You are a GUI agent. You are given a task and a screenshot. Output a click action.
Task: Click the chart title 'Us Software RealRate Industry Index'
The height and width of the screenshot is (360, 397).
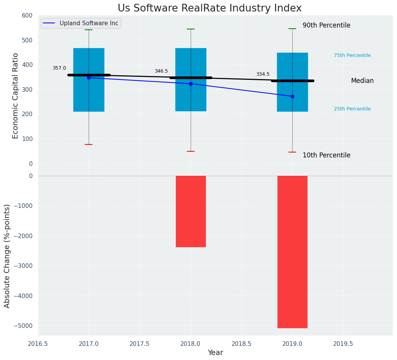tap(209, 8)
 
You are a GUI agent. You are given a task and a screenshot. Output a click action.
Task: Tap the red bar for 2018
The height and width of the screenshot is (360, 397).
tap(191, 211)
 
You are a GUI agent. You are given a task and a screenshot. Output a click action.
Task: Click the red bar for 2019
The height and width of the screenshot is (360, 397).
tap(292, 251)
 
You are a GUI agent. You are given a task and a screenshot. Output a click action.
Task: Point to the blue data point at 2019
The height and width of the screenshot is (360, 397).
tap(292, 96)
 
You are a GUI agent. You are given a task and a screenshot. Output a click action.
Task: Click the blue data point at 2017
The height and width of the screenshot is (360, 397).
tap(89, 78)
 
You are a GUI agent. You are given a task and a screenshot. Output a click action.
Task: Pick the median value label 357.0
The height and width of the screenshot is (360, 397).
tap(59, 68)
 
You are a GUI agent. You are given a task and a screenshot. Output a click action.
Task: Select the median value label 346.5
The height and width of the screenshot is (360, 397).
tap(161, 71)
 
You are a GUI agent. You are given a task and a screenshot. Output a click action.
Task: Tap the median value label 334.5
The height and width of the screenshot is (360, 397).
tap(263, 74)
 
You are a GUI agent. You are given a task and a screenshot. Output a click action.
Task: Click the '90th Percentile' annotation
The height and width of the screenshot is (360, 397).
tap(326, 25)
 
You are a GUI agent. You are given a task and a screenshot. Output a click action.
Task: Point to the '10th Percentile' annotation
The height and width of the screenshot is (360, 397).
tap(326, 155)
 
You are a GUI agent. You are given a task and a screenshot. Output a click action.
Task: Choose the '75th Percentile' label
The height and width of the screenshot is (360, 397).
tap(352, 55)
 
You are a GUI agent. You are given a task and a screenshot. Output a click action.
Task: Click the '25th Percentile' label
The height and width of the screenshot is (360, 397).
tap(352, 109)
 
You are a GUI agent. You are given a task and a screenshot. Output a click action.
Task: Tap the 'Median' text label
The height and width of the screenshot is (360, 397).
tap(362, 81)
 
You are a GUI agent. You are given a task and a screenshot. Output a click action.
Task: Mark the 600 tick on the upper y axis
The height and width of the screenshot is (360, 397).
tap(27, 15)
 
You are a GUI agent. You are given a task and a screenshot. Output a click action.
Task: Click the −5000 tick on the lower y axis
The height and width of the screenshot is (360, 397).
tap(23, 326)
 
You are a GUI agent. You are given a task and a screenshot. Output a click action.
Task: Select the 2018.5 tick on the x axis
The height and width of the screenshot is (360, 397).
tap(241, 344)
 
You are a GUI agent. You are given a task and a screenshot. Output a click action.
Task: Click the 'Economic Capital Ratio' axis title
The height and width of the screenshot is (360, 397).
tap(16, 96)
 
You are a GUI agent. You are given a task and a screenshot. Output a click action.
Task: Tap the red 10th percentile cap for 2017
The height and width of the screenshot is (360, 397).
tap(89, 144)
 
